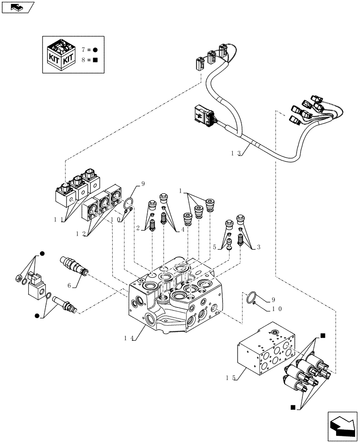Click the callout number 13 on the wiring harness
[235, 153]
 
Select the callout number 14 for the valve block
[129, 338]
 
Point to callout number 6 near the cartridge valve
[69, 286]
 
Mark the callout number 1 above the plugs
[181, 190]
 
